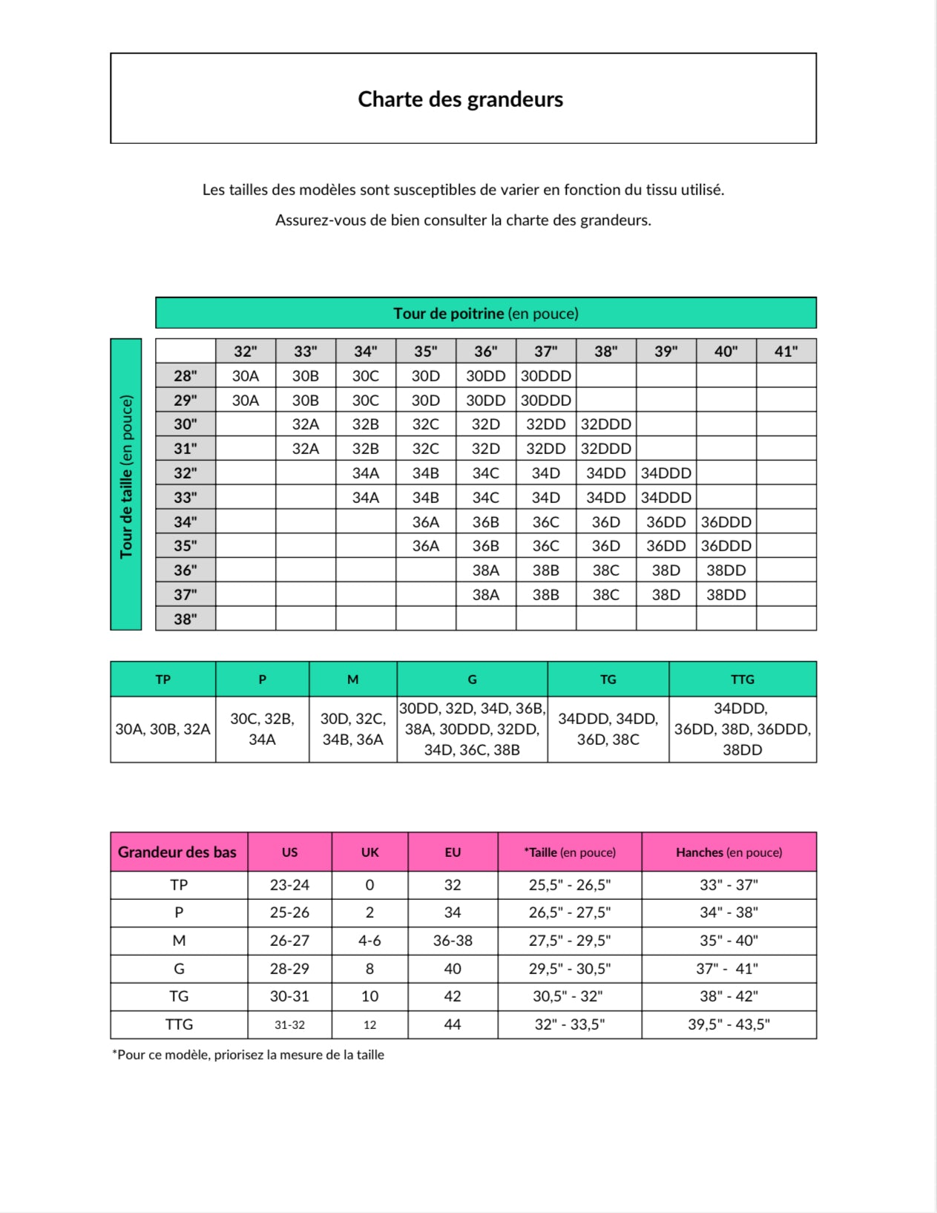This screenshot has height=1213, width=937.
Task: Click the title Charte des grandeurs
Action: point(460,99)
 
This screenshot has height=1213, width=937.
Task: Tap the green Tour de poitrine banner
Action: point(485,313)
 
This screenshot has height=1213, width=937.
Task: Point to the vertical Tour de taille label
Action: point(126,476)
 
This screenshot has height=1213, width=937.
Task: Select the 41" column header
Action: point(786,351)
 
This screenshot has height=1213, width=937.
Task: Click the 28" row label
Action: point(185,375)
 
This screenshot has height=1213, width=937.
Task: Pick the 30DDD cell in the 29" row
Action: point(545,400)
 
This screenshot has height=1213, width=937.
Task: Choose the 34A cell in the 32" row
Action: point(365,473)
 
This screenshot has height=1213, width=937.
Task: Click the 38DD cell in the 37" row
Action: point(726,594)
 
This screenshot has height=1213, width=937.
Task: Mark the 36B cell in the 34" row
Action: point(485,522)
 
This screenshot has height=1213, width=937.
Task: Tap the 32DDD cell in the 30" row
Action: point(605,424)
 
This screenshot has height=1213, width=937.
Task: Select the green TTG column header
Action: point(742,679)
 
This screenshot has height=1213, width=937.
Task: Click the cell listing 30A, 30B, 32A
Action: point(162,729)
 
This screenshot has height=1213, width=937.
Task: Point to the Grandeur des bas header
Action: point(177,852)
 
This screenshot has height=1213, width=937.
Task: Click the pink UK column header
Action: point(369,852)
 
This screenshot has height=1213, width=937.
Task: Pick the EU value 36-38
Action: point(453,941)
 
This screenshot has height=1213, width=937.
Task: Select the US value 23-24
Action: point(289,885)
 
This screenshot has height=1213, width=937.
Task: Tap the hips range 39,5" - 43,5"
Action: point(729,1025)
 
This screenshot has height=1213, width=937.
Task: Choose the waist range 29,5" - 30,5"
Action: point(569,969)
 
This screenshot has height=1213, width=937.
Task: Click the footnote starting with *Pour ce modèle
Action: point(248,1054)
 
